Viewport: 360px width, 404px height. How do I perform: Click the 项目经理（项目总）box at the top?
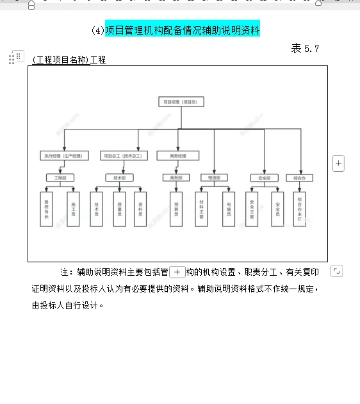coord(181,101)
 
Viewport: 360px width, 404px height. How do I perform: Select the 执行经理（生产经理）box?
coord(63,156)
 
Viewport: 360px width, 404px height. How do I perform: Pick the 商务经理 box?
coord(177,156)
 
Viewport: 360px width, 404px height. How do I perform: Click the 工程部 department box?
coord(60,178)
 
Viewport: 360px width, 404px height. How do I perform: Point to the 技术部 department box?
coord(119,178)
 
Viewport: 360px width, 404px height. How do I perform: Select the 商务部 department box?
coord(176,178)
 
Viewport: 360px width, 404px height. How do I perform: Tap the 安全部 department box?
coord(264,178)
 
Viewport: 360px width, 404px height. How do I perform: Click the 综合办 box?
coord(299,178)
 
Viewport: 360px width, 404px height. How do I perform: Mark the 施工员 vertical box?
coord(73,208)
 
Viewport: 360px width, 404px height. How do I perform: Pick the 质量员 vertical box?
coord(119,208)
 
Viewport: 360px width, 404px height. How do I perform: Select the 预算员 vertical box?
coord(176,208)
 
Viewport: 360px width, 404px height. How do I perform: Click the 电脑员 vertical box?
coord(229,208)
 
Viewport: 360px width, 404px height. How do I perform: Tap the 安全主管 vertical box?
coord(252,208)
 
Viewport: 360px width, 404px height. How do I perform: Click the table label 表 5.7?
coord(305,48)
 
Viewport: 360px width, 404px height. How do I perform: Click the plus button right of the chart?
coord(338,163)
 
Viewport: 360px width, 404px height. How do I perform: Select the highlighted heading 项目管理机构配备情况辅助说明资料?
coord(183,29)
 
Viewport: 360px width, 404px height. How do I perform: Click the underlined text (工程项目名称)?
coord(61,60)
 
